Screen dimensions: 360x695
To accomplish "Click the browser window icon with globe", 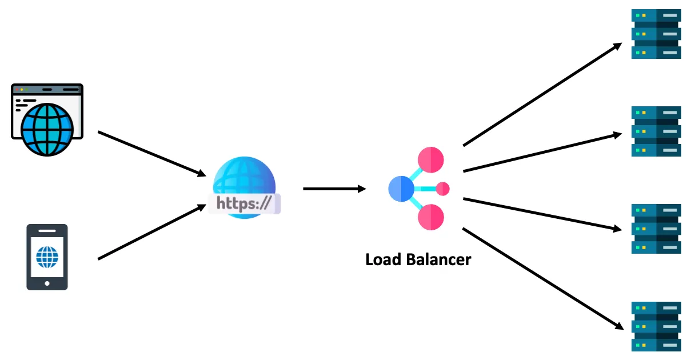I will tap(47, 119).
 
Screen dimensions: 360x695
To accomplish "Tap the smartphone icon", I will tap(47, 257).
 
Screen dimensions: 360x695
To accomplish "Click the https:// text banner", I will tap(245, 203).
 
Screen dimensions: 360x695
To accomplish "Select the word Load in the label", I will tap(384, 259).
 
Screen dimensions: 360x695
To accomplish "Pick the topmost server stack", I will tap(656, 34).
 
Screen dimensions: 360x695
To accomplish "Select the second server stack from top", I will tap(656, 131).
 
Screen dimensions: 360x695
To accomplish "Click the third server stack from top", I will tap(656, 229).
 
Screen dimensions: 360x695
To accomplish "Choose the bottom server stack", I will tap(656, 326).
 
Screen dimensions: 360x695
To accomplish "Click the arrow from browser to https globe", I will tap(152, 153).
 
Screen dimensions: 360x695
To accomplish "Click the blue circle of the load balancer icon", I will tap(401, 189).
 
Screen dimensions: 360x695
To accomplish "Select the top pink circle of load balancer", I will tap(431, 159).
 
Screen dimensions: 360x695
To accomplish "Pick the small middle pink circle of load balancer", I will tap(442, 189).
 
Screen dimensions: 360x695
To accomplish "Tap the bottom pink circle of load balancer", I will tap(431, 217).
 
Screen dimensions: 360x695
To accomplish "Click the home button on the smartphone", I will tap(47, 283).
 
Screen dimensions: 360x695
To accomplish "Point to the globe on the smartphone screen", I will tap(47, 257).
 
